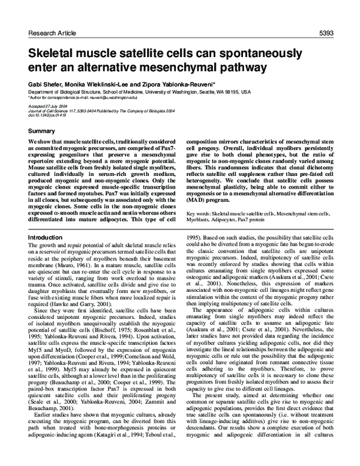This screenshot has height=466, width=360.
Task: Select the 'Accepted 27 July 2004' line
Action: tap(47, 106)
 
